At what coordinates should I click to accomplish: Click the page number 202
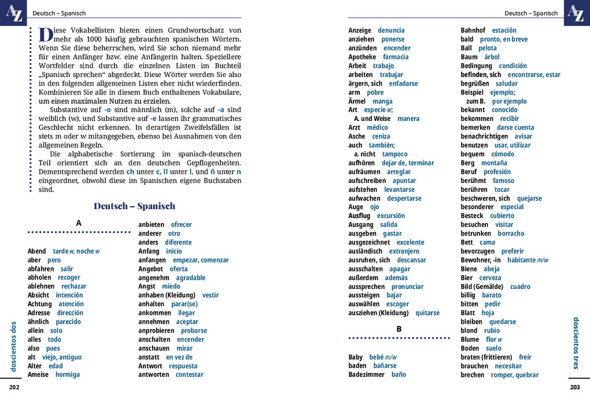click(14, 387)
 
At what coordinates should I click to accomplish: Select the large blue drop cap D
click(46, 34)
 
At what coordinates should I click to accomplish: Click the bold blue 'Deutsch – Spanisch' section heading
click(134, 206)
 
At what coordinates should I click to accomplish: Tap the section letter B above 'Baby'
click(399, 329)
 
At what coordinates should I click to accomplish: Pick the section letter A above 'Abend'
click(79, 223)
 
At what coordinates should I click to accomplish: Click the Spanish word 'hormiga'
click(68, 375)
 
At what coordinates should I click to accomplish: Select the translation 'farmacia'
click(396, 57)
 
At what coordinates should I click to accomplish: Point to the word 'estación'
click(504, 30)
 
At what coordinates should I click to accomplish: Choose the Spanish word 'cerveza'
click(490, 278)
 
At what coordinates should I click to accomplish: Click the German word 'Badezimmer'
click(366, 375)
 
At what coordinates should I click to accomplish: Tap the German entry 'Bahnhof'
click(473, 30)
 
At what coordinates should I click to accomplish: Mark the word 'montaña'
click(494, 163)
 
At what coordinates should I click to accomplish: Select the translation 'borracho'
click(511, 233)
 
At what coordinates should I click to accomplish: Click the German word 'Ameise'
click(38, 375)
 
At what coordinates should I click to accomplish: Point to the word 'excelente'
click(410, 242)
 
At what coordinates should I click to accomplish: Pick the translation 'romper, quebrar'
click(514, 375)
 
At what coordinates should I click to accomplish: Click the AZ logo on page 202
click(13, 13)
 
